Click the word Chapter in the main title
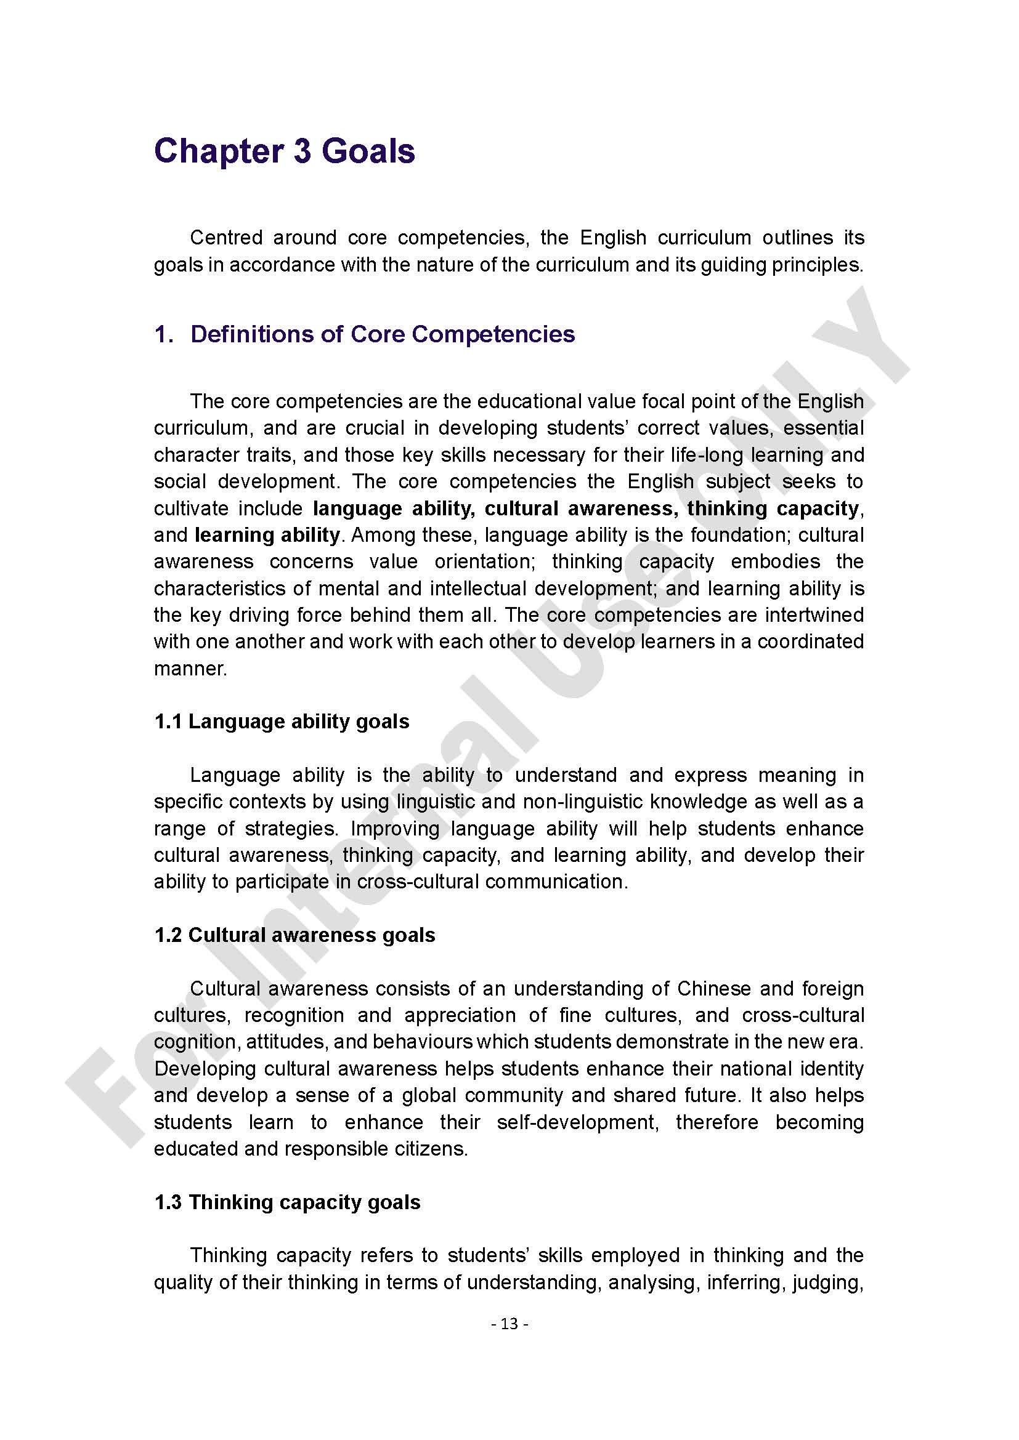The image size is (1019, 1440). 217,152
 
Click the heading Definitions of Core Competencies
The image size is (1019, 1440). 382,334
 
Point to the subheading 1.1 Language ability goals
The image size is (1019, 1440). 282,722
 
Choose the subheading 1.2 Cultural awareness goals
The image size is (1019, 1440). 294,935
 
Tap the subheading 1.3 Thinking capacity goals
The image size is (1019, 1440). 287,1202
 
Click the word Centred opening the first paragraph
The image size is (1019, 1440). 226,238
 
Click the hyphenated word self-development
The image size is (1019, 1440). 577,1122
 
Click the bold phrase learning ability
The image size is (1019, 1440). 267,535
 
